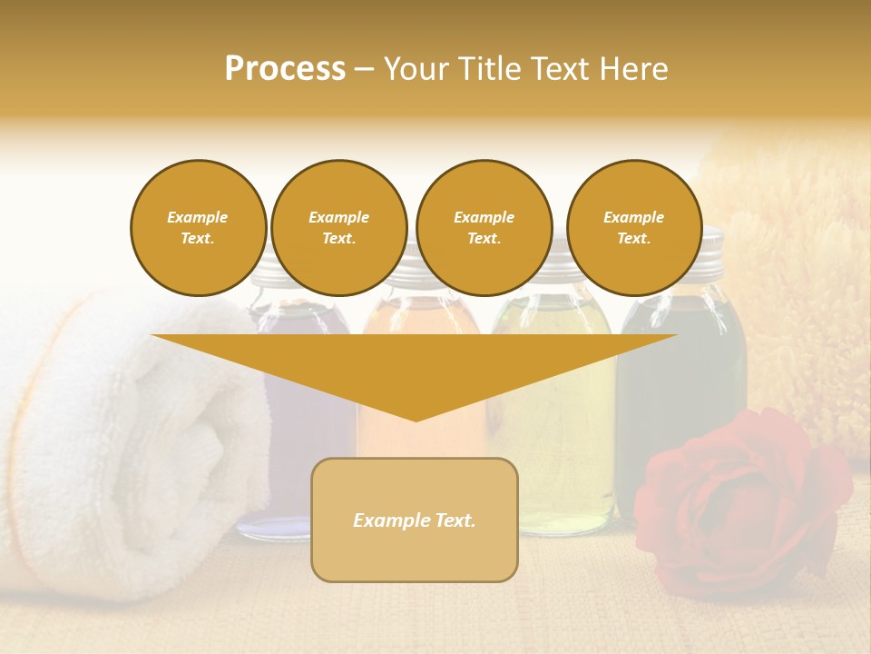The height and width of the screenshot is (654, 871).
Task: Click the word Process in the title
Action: (x=285, y=69)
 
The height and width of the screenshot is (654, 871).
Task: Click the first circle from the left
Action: (x=198, y=228)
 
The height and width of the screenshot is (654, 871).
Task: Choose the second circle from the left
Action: (x=338, y=228)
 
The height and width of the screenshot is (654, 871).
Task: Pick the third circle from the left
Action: (x=484, y=228)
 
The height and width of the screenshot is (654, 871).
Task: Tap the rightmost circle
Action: (x=633, y=228)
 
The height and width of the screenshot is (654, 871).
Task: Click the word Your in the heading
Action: (x=417, y=69)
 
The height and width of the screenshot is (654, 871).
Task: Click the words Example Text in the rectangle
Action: (x=415, y=520)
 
